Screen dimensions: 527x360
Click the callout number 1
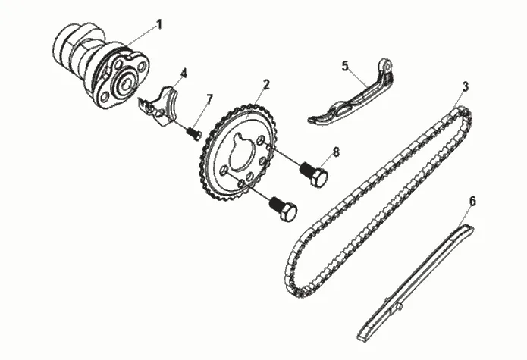(x=159, y=23)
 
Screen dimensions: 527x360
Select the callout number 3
(x=464, y=87)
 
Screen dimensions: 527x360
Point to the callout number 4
(x=183, y=74)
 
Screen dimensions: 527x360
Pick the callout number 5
(x=345, y=66)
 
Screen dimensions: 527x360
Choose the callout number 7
(x=209, y=99)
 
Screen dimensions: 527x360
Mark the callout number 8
(x=335, y=152)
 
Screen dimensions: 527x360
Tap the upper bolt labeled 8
(x=314, y=174)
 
